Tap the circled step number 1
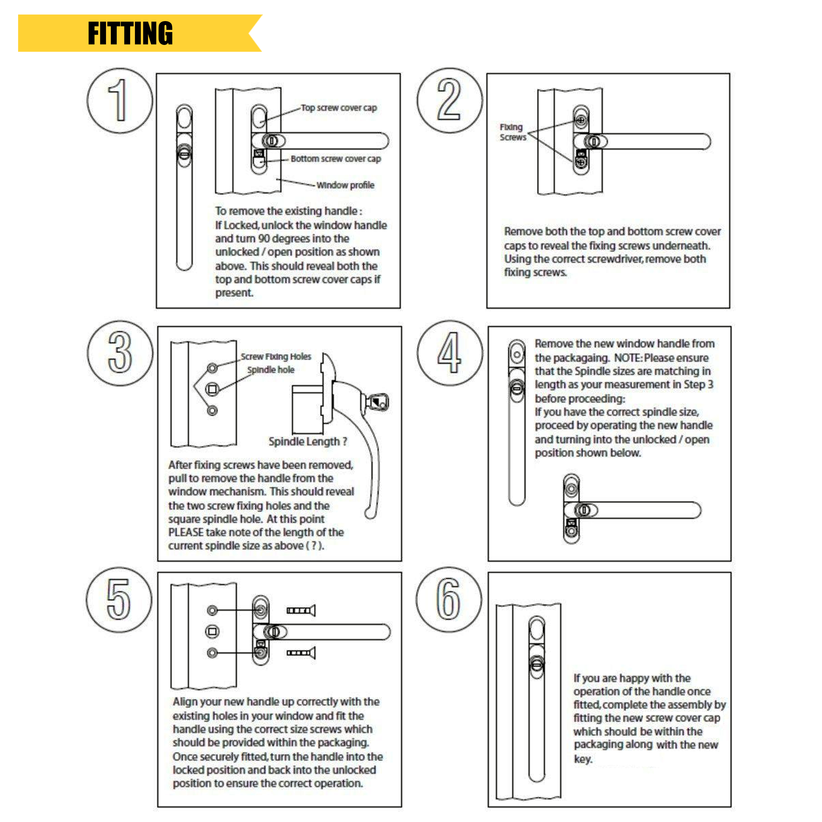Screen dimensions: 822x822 point(119,101)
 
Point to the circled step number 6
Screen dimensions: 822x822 point(449,600)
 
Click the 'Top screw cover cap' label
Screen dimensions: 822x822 point(339,108)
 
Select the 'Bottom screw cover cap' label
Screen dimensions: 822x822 point(336,159)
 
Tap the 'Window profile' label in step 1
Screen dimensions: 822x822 point(345,185)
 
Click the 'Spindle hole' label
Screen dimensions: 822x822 point(271,370)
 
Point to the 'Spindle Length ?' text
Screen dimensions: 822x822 point(308,442)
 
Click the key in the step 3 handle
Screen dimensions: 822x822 point(378,402)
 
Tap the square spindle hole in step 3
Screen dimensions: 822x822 point(212,389)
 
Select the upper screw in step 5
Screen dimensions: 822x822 point(301,610)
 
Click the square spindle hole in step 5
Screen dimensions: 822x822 point(212,631)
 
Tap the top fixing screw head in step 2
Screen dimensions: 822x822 point(581,120)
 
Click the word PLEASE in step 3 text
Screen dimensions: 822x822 point(185,532)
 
